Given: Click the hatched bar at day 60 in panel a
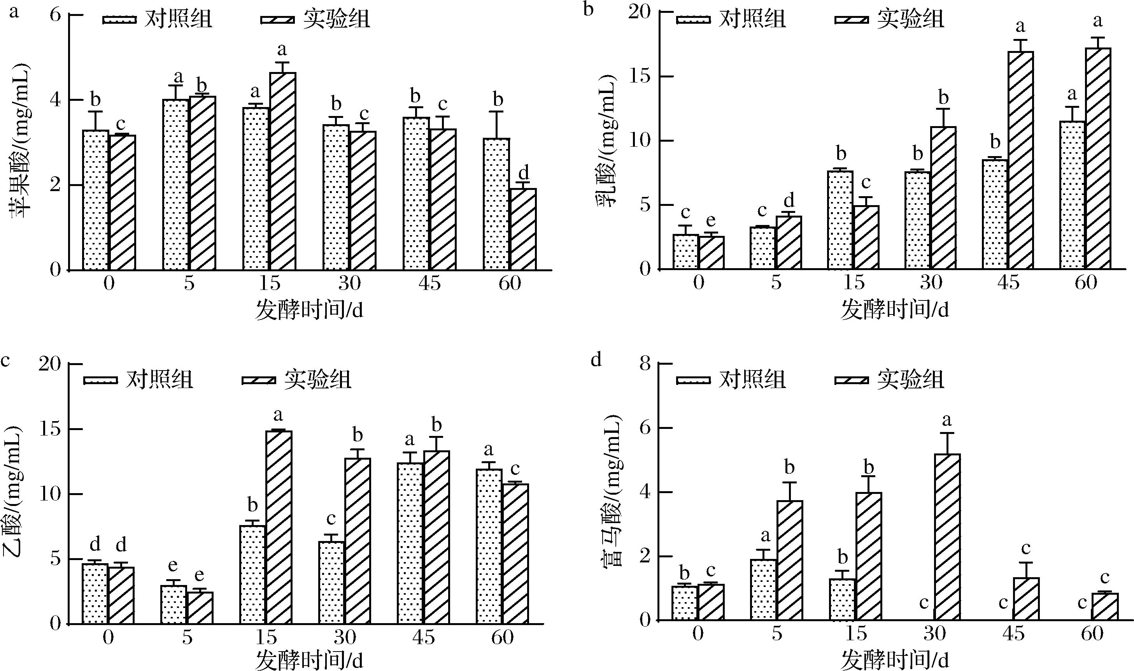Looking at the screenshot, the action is (523, 230).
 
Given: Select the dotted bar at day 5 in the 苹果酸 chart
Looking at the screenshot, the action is (176, 185).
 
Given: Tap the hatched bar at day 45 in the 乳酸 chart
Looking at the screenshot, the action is (1021, 160).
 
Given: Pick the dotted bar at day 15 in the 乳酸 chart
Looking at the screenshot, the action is (840, 220).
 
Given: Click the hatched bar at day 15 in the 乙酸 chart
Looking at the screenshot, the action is (279, 527).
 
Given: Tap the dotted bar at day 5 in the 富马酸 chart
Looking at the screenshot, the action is (764, 590).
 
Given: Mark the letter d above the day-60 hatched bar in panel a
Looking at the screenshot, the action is (524, 172).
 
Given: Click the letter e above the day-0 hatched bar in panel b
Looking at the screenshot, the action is (711, 221).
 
